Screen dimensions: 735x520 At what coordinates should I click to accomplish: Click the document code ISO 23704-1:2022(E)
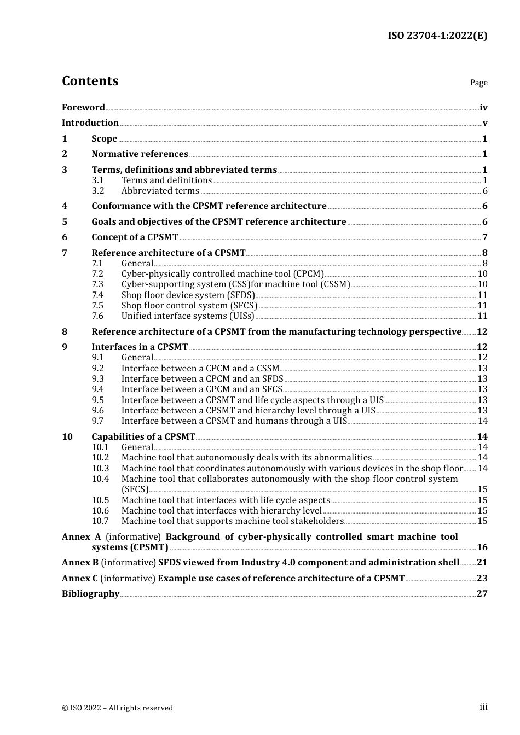coord(437,36)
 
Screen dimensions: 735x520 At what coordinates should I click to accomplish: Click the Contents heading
coord(90,81)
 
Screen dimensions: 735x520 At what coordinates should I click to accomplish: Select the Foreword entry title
coord(83,107)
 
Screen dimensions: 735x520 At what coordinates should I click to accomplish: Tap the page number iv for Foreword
coord(483,107)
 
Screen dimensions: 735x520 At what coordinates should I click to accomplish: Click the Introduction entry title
coord(90,122)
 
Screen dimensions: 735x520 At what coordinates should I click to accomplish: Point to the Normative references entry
coord(140,154)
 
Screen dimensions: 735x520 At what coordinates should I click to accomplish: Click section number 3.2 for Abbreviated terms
coord(98,191)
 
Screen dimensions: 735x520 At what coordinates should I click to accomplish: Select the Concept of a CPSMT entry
coord(135,237)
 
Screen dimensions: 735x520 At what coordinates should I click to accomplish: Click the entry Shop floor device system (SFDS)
coord(188,295)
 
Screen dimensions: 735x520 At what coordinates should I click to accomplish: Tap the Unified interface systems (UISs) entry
coord(188,316)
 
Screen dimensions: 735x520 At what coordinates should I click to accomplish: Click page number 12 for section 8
coord(482,332)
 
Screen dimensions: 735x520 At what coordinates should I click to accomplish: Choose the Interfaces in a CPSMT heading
coord(140,347)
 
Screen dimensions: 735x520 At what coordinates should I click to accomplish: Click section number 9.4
coord(98,389)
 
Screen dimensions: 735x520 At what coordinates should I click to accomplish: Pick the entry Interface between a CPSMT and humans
coord(234,421)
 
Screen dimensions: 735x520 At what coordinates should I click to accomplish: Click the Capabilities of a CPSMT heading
coord(143,437)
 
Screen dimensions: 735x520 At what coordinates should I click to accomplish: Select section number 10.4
coord(100,479)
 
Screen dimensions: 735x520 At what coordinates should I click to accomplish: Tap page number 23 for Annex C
coord(482,579)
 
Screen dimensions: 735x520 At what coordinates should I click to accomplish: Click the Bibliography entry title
coord(90,594)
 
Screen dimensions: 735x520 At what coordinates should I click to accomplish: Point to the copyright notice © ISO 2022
coord(117,708)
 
